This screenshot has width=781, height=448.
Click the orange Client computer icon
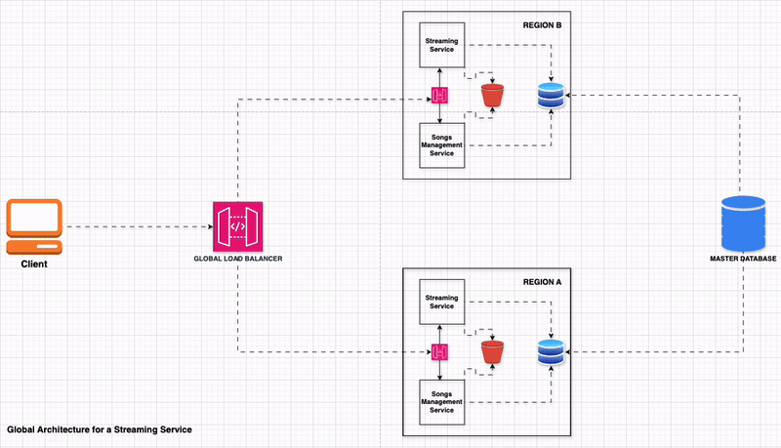point(34,225)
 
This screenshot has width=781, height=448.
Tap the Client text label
point(34,264)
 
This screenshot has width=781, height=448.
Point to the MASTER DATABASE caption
point(742,259)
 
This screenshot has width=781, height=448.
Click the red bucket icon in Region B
point(493,96)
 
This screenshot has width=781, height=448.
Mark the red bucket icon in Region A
point(493,351)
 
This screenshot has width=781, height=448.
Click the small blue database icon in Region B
point(551,96)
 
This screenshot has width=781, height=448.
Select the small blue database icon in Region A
point(551,351)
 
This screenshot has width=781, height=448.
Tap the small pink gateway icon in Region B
point(440,96)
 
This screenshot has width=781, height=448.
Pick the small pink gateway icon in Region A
point(440,351)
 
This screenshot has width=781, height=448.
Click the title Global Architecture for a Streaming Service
point(99,429)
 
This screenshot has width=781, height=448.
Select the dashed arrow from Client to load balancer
point(137,226)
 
